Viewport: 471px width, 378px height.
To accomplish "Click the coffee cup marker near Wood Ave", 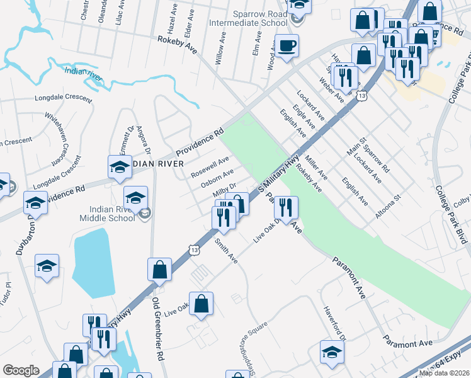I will pyautogui.click(x=287, y=47).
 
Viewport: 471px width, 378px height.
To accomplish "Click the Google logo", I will pyautogui.click(x=21, y=370).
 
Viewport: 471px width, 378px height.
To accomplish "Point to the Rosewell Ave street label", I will pyautogui.click(x=210, y=166).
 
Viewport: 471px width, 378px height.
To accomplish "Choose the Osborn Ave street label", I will pyautogui.click(x=217, y=176).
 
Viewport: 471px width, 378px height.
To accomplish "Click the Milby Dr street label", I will pyautogui.click(x=224, y=188).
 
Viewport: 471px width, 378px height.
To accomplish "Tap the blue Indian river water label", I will pyautogui.click(x=83, y=74).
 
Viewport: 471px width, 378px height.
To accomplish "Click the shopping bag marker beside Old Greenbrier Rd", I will pyautogui.click(x=160, y=270).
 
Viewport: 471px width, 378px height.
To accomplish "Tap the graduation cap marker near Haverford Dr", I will pyautogui.click(x=332, y=352).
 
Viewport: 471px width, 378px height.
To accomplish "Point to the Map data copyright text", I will pyautogui.click(x=443, y=373).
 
